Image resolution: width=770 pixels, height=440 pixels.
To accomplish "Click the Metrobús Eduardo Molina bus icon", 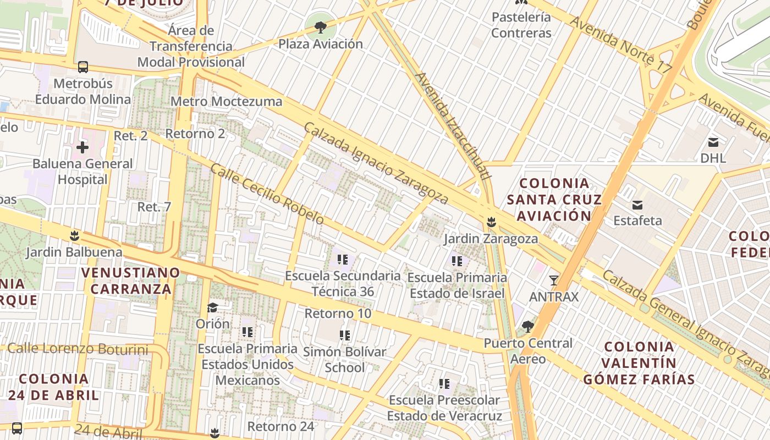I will [x=83, y=67].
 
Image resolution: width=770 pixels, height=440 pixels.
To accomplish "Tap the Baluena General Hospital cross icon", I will [x=82, y=147].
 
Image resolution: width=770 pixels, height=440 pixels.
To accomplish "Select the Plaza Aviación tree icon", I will [x=320, y=26].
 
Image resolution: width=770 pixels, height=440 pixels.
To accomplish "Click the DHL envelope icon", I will [x=713, y=142].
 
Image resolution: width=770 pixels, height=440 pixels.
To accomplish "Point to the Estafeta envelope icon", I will [x=637, y=205].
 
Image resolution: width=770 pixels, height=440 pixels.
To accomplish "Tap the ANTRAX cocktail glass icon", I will [x=554, y=280].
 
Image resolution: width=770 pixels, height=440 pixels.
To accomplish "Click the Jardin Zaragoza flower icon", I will [x=491, y=223].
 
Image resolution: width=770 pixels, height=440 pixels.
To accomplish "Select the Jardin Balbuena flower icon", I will [x=74, y=237].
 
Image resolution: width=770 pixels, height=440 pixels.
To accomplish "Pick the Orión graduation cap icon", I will [x=212, y=307].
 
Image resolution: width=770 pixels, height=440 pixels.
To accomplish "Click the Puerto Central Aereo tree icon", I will [x=528, y=327].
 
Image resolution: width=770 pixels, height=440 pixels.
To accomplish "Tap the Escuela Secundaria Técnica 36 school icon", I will [x=343, y=260].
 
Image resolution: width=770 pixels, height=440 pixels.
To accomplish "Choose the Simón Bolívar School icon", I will [x=345, y=335].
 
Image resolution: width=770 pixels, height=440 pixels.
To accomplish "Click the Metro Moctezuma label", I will [x=226, y=101].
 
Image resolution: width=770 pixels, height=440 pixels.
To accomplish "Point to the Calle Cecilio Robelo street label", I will [x=267, y=194].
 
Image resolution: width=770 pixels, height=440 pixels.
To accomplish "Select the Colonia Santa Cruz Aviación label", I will [x=554, y=199].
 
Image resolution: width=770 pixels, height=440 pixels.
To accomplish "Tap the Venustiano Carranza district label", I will [x=131, y=280].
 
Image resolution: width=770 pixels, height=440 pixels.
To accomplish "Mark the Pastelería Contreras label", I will [x=521, y=25].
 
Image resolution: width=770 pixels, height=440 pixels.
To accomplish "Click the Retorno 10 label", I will [x=338, y=313].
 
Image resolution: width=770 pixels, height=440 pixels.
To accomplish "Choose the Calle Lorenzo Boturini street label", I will [x=78, y=349].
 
